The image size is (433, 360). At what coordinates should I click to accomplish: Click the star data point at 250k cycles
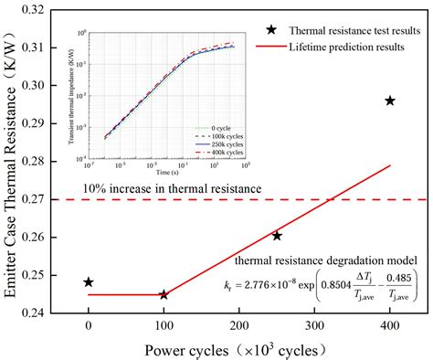tap(277, 236)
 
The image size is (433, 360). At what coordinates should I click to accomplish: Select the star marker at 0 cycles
tap(89, 282)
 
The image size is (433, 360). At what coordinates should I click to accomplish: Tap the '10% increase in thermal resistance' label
tap(172, 188)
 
